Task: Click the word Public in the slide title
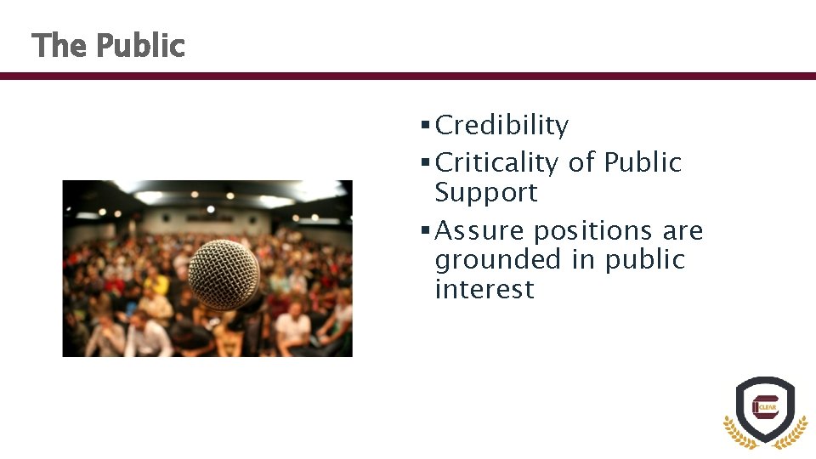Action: click(139, 46)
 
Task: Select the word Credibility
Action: click(501, 126)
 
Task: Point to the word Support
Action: click(486, 193)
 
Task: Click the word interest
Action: click(484, 289)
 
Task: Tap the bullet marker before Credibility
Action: click(425, 126)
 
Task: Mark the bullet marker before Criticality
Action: click(425, 162)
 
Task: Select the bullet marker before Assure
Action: click(425, 230)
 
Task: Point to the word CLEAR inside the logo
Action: click(769, 407)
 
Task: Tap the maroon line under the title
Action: click(408, 76)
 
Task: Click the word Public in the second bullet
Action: click(643, 162)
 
